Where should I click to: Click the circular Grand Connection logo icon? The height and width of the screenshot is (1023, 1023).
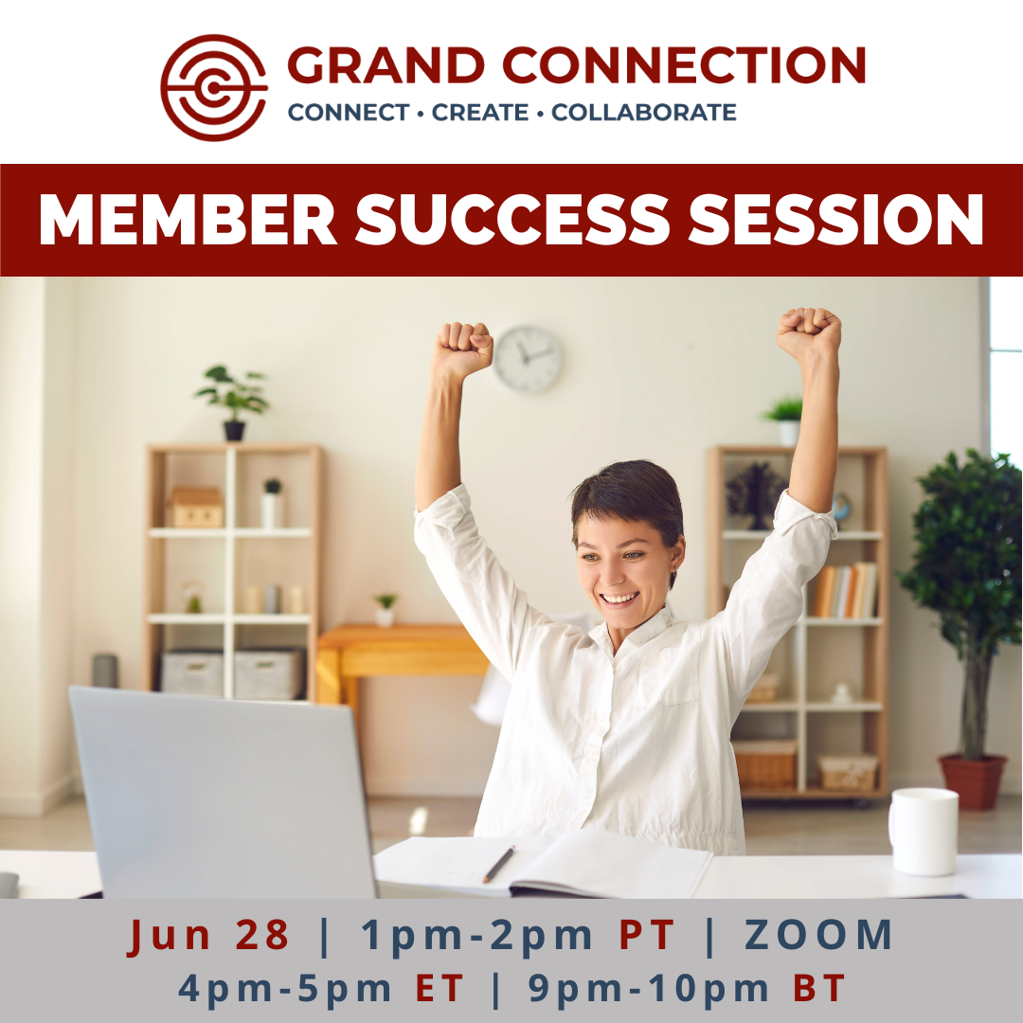coord(214,88)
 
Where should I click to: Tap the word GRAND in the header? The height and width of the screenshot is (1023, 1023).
coord(386,65)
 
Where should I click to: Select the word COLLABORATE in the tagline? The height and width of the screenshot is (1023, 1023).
coord(644,112)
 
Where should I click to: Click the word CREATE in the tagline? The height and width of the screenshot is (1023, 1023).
coord(480,112)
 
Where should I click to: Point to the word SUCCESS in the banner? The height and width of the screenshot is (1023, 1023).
coord(512,219)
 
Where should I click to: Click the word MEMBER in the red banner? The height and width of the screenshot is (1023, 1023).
coord(188,219)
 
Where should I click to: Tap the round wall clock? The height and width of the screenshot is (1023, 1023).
coord(528,360)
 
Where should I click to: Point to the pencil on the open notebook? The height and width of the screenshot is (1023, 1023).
coord(499,864)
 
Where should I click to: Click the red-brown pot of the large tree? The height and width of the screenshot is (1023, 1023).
coord(973,781)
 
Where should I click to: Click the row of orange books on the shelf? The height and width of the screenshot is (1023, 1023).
coord(844,590)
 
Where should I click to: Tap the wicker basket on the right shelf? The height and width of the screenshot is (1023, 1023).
coord(764,764)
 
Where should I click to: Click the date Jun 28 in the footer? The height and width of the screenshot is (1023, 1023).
coord(208,935)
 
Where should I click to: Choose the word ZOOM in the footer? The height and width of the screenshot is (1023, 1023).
coord(818,935)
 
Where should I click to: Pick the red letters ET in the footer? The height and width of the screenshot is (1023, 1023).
coord(440,988)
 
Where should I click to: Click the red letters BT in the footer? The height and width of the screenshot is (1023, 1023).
coord(819,988)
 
